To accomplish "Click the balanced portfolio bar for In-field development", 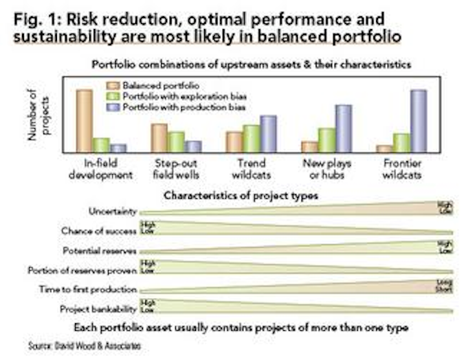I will [x=84, y=120].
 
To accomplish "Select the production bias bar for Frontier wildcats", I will [x=419, y=120].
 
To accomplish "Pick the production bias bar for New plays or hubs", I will [x=343, y=128].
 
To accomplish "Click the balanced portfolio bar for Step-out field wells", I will [x=159, y=137].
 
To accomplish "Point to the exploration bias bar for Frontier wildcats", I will [x=402, y=142].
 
